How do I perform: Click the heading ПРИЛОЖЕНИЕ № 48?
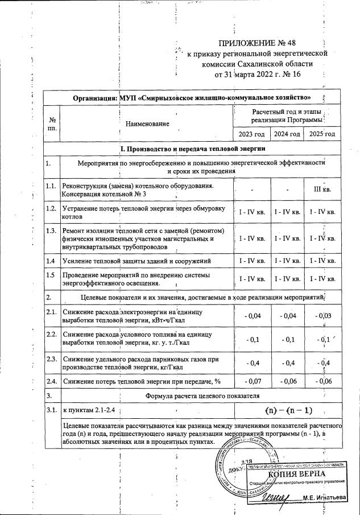coord(258,43)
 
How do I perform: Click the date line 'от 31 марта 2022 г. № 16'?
coord(257,74)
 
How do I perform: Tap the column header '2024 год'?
coord(286,134)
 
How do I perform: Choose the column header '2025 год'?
coord(322,134)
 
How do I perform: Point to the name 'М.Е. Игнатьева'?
coord(324,498)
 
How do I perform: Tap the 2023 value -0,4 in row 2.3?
coord(252,363)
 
